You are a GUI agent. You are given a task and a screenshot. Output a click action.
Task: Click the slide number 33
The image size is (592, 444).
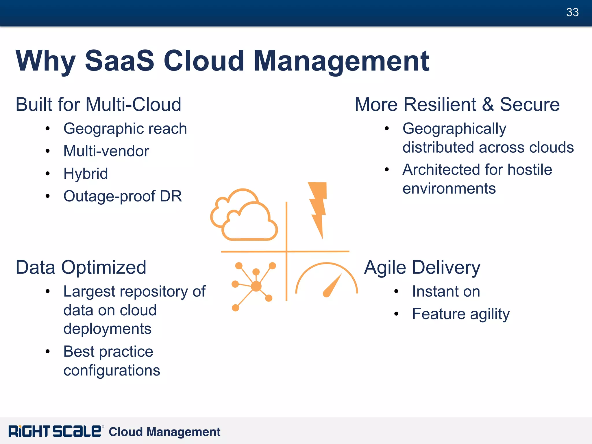(x=572, y=12)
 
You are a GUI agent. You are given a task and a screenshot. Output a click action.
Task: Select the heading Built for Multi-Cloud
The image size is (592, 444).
(x=98, y=104)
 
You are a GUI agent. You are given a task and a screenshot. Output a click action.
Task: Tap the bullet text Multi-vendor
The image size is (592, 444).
(x=106, y=151)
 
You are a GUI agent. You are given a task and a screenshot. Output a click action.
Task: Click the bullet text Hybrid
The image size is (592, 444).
(x=86, y=174)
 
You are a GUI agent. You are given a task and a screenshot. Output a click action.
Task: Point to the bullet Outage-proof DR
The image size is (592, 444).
(x=123, y=196)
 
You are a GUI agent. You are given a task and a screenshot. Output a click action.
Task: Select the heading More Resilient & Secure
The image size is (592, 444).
(x=457, y=104)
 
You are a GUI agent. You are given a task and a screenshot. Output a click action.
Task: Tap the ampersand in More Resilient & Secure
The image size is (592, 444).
(x=488, y=105)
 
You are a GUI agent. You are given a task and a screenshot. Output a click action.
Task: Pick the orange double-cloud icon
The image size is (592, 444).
(x=244, y=215)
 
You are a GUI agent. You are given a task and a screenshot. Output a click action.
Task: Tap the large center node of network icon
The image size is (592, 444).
(x=256, y=286)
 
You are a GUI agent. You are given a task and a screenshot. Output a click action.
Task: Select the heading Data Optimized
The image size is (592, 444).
(x=81, y=267)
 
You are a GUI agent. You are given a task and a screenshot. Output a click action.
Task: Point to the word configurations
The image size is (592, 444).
(x=112, y=371)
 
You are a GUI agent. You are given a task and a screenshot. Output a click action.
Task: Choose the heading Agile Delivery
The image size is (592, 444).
(x=422, y=267)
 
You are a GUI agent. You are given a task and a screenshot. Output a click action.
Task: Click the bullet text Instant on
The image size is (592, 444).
(x=446, y=291)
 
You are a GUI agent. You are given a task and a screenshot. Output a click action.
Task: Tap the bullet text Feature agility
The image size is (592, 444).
(x=461, y=314)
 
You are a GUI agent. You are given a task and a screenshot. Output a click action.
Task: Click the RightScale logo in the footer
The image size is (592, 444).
(x=55, y=431)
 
